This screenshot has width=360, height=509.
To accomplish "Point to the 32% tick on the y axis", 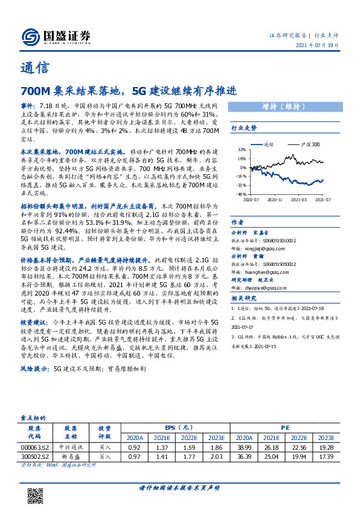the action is click(x=241, y=149).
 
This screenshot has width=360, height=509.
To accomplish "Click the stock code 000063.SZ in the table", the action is click(x=35, y=447).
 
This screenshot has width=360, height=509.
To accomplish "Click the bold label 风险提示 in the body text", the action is click(x=34, y=368).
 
